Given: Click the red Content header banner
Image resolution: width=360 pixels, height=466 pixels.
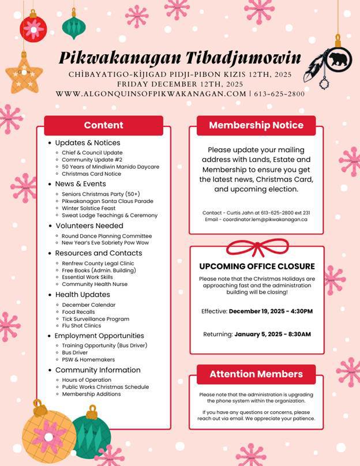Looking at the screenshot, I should (x=103, y=125).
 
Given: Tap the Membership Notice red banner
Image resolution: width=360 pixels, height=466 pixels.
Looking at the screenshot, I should (x=256, y=125).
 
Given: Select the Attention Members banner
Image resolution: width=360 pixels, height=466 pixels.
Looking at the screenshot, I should (x=256, y=374).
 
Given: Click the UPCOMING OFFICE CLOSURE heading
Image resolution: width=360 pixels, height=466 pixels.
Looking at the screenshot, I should (x=257, y=266).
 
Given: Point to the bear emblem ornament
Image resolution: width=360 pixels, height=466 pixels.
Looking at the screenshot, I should (x=337, y=59).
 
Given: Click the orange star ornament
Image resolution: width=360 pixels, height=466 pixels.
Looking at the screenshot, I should (x=24, y=75).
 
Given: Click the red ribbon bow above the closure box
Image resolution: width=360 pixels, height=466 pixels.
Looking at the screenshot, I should (x=257, y=248).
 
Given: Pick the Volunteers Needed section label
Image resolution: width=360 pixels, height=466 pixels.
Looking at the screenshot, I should (x=89, y=226).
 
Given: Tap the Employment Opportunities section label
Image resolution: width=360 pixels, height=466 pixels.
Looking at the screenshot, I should (x=99, y=336).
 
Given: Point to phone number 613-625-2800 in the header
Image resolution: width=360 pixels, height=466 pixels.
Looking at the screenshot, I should (x=280, y=94).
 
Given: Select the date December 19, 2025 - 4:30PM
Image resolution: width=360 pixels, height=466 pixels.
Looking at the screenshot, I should (x=271, y=311).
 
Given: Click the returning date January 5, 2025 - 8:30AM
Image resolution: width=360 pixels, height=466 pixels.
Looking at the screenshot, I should (x=272, y=334).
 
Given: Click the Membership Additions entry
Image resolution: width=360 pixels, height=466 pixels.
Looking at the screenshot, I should (x=91, y=394).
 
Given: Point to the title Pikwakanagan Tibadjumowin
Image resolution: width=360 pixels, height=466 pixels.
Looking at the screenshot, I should (x=179, y=58).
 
